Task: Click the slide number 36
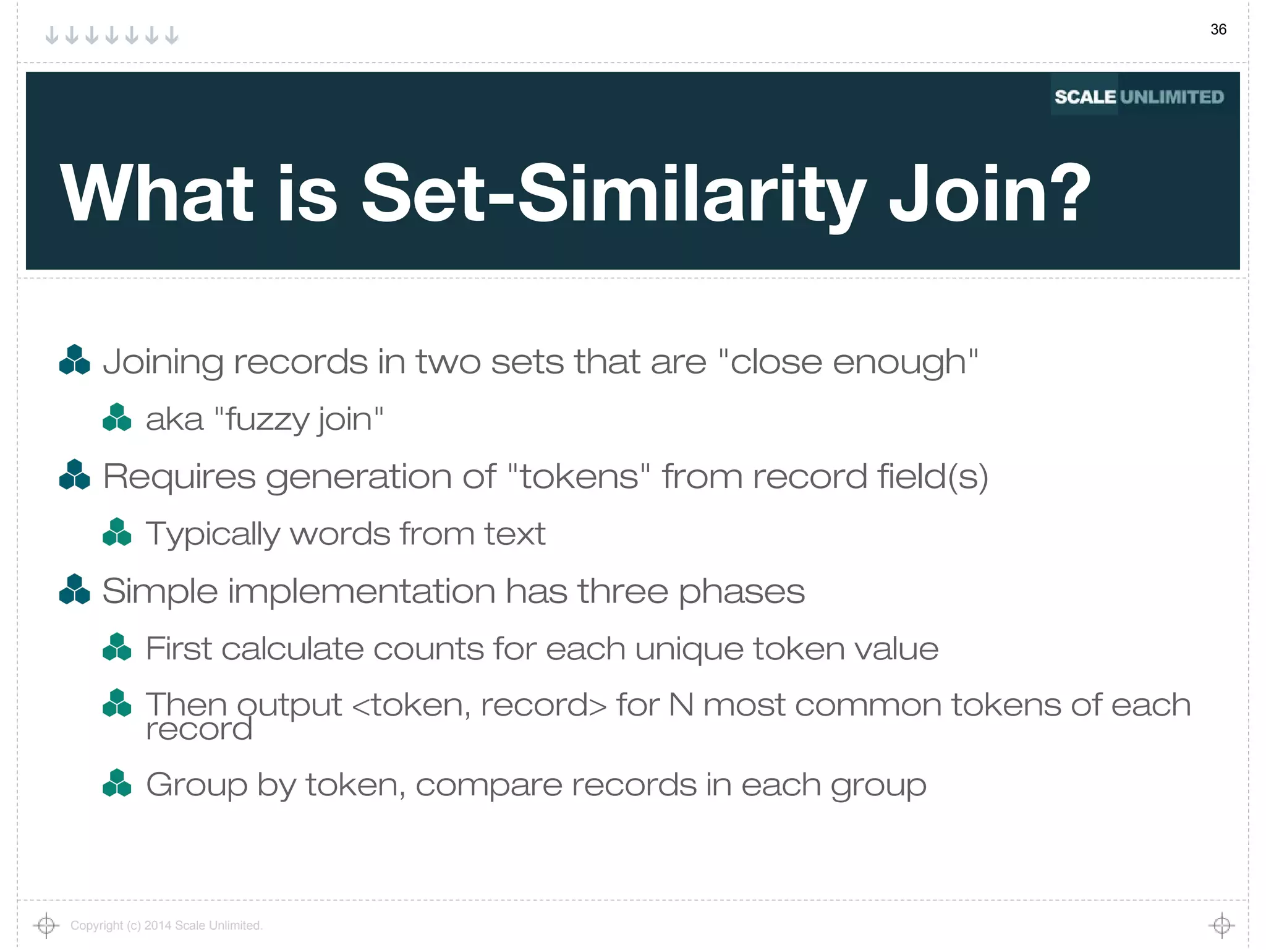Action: tap(1218, 29)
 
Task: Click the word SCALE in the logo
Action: tap(1085, 97)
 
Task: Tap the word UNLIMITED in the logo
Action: tap(1171, 97)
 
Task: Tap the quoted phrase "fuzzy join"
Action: tap(299, 419)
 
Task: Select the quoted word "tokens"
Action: tap(579, 476)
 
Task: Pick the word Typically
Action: tap(212, 534)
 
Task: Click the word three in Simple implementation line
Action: tap(622, 591)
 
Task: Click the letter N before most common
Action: tap(681, 705)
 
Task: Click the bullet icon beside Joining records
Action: tap(74, 360)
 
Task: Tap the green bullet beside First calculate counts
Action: tap(117, 647)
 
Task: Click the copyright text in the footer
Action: tap(166, 925)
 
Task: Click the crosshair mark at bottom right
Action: tap(1221, 925)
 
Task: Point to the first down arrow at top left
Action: tap(52, 35)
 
